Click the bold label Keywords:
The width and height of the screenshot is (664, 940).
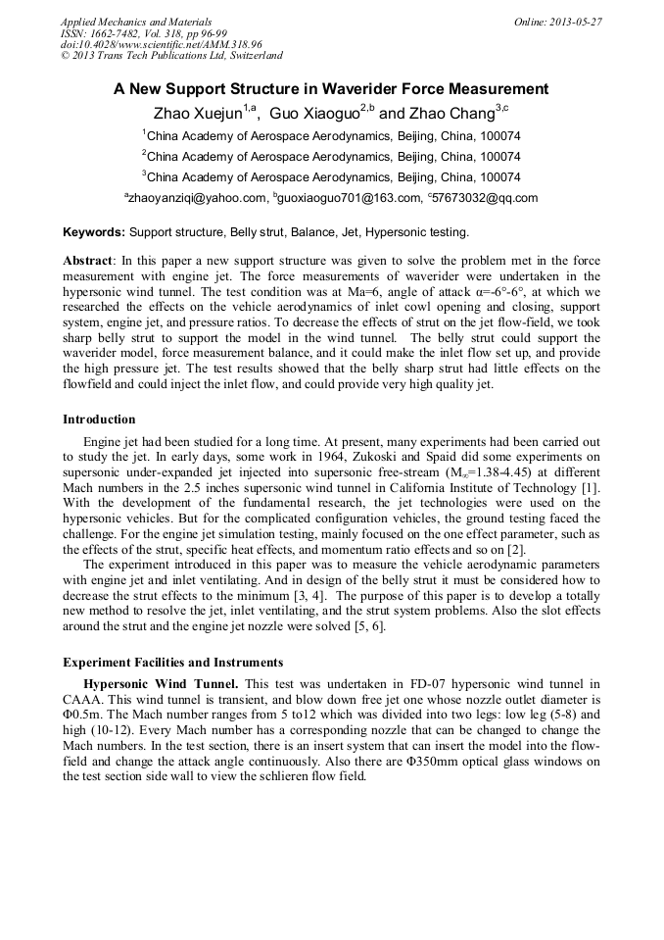[x=94, y=232]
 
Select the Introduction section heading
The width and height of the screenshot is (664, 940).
[x=99, y=420]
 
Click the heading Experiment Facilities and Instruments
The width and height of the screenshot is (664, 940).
[x=172, y=662]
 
